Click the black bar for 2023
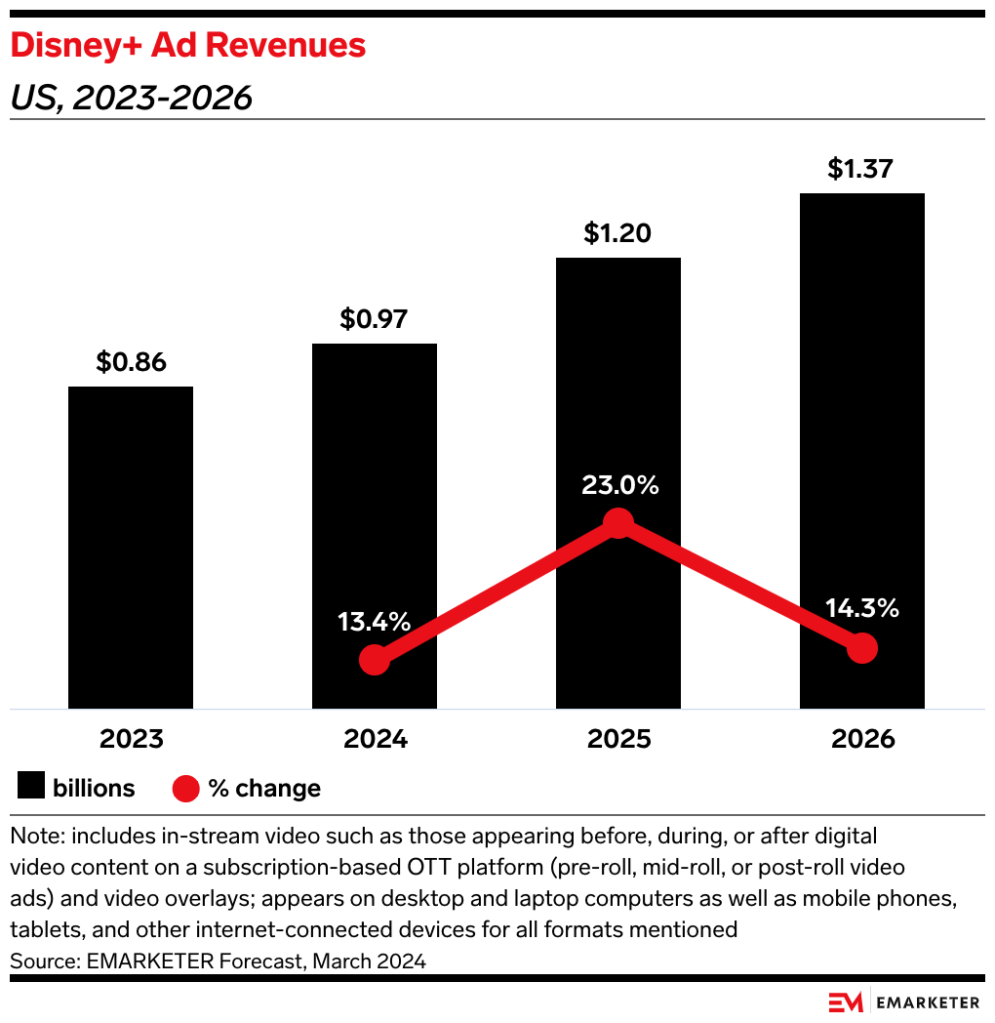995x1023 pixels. pyautogui.click(x=131, y=547)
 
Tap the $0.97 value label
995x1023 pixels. pyautogui.click(x=374, y=319)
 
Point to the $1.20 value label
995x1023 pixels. pyautogui.click(x=617, y=233)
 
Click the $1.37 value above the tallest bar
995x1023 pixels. pyautogui.click(x=861, y=169)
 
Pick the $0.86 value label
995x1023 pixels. pyautogui.click(x=131, y=362)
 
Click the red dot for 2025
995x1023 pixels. pyautogui.click(x=617, y=524)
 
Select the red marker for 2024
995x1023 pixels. pyautogui.click(x=375, y=661)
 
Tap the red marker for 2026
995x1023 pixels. pyautogui.click(x=862, y=648)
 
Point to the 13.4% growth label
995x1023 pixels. pyautogui.click(x=375, y=622)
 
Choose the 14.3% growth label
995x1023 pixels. pyautogui.click(x=862, y=609)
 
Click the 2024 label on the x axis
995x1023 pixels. pyautogui.click(x=375, y=739)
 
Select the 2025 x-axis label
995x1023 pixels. pyautogui.click(x=618, y=739)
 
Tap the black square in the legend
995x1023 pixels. pyautogui.click(x=32, y=788)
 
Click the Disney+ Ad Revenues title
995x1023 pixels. pyautogui.click(x=188, y=45)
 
